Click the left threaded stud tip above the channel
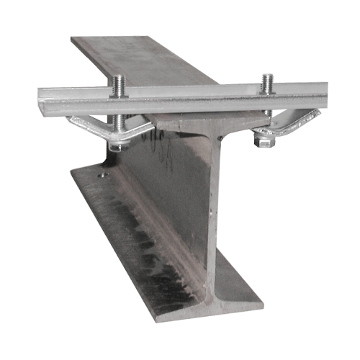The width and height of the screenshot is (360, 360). [118, 78]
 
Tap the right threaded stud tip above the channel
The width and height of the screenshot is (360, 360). [267, 77]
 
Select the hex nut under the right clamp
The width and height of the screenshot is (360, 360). [264, 142]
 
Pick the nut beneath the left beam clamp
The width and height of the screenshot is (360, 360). [115, 146]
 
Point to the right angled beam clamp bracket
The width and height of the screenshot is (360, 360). [292, 122]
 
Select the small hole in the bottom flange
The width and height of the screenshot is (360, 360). [105, 174]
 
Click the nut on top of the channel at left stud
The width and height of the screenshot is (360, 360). [119, 91]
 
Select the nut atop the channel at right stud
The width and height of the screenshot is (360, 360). [267, 89]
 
